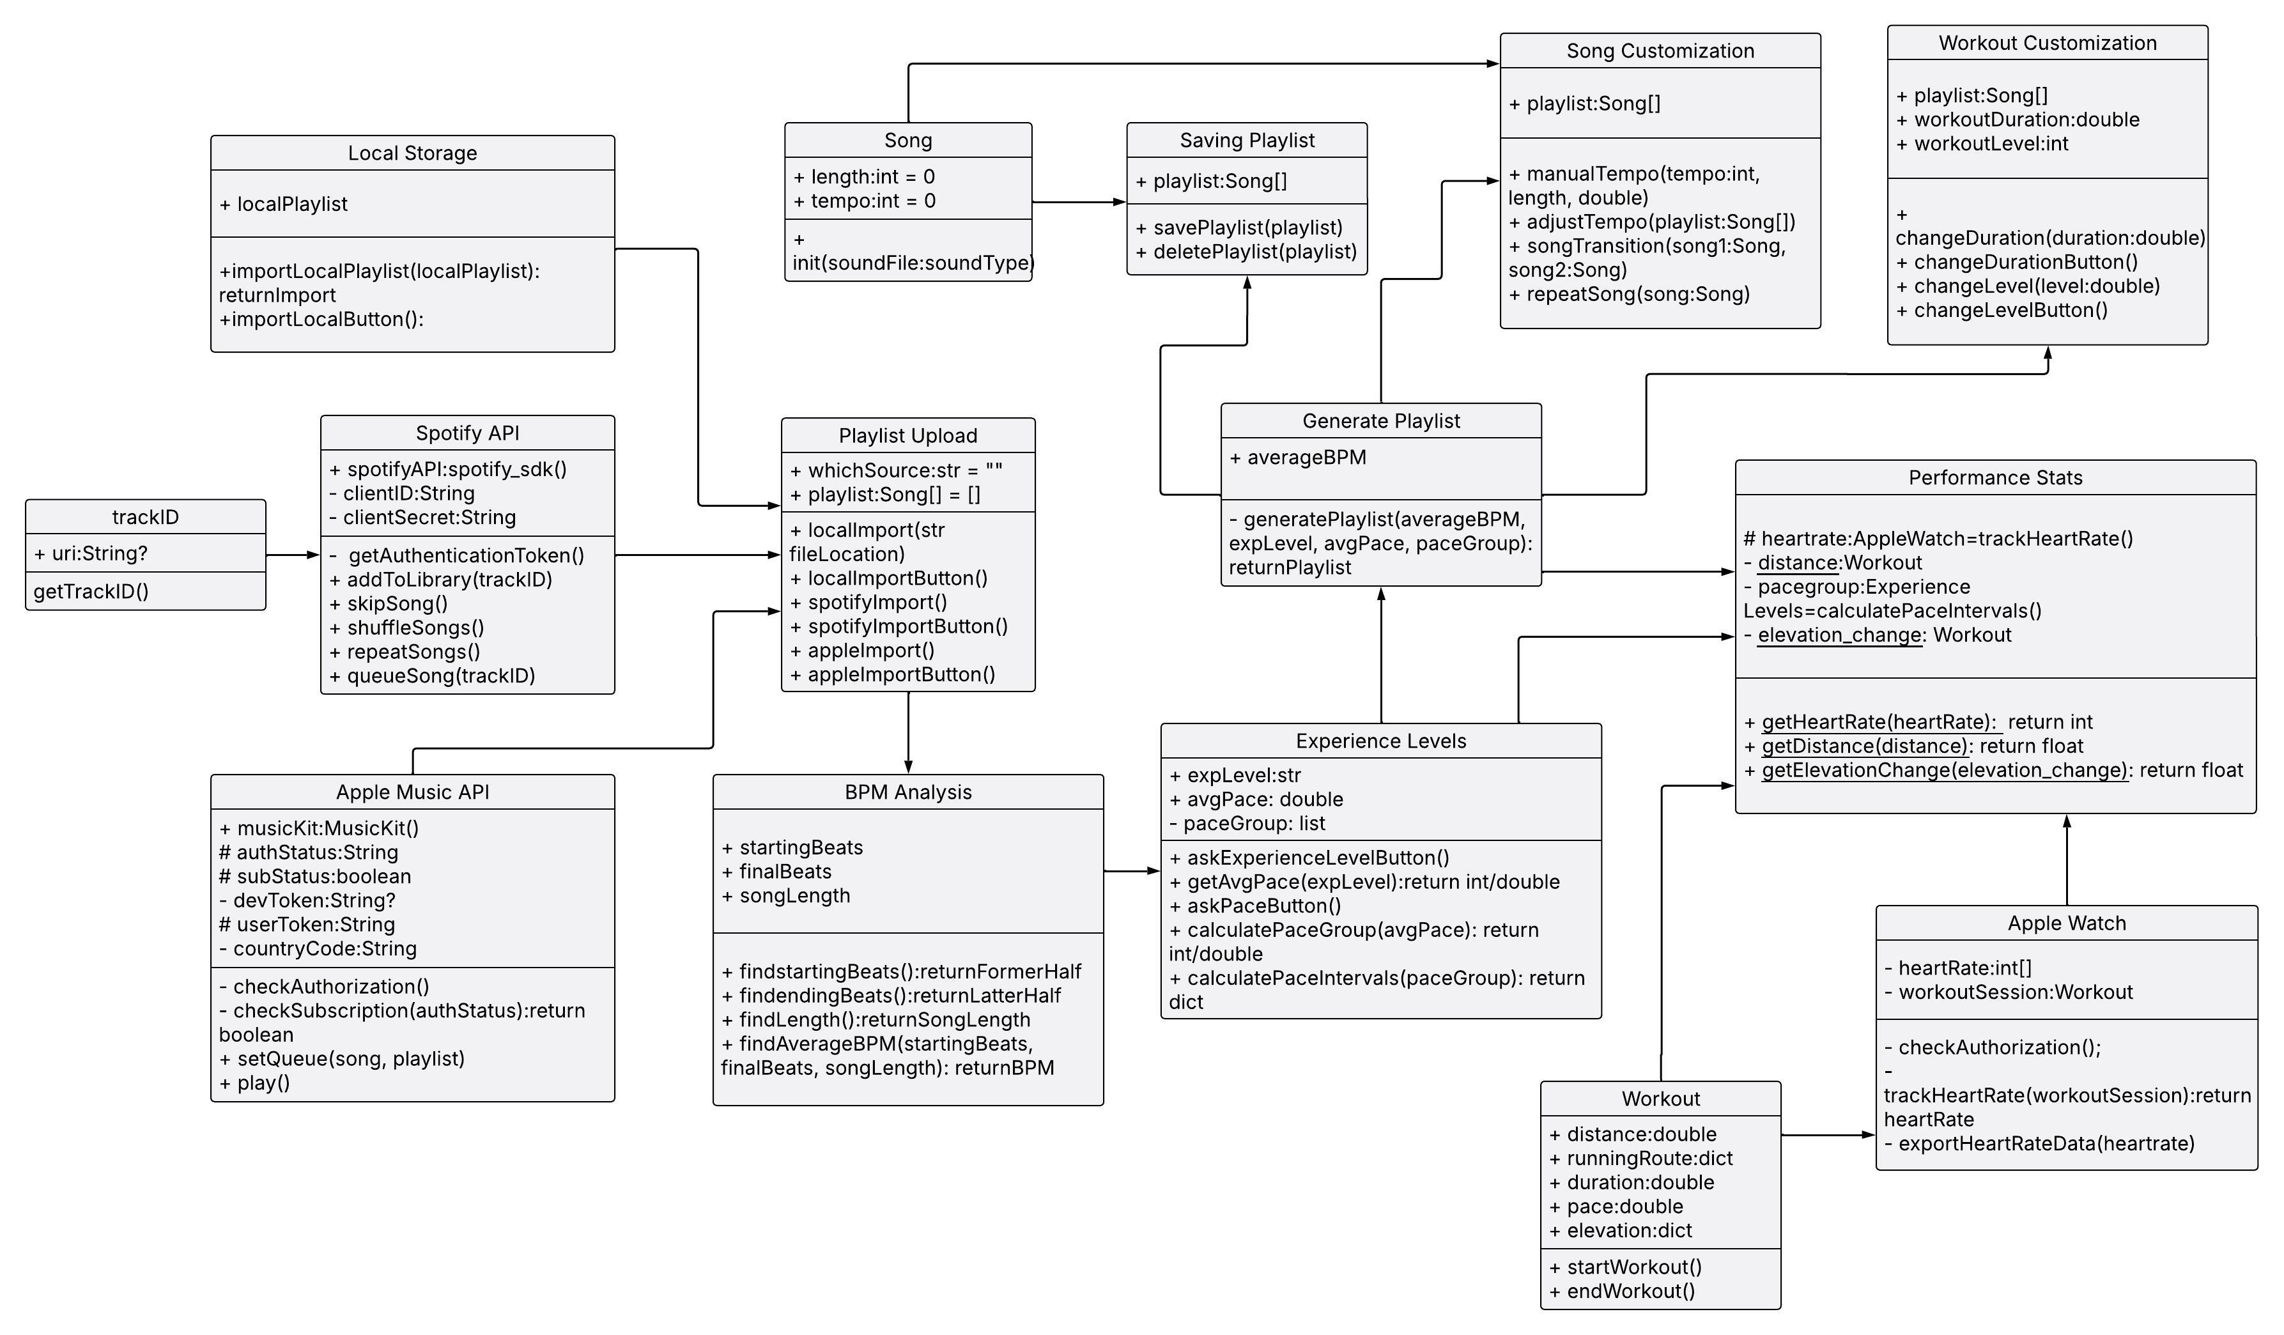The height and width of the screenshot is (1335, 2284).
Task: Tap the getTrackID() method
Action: click(91, 592)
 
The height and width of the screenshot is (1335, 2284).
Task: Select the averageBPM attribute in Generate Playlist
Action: click(1298, 458)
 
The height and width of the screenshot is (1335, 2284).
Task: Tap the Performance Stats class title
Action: click(1995, 477)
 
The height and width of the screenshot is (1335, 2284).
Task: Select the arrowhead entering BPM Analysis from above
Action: click(908, 767)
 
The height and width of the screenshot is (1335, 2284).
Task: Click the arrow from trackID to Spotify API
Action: click(292, 555)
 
